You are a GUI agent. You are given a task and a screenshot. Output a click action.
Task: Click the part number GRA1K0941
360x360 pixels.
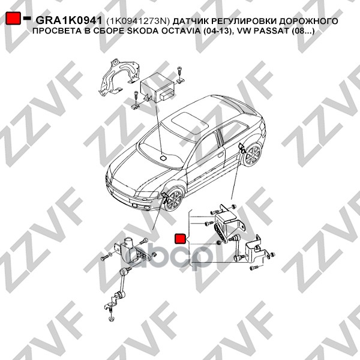pos(68,20)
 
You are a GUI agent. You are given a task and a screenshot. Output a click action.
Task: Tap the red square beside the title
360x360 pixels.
pos(13,18)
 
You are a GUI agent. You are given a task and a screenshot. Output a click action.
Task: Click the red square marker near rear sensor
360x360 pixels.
pos(181,239)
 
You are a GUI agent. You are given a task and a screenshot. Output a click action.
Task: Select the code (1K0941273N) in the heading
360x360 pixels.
pos(138,21)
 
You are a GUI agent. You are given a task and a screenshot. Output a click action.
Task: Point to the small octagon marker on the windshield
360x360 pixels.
pos(163,158)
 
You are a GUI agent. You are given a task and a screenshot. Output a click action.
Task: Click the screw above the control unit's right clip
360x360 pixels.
pos(179,71)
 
